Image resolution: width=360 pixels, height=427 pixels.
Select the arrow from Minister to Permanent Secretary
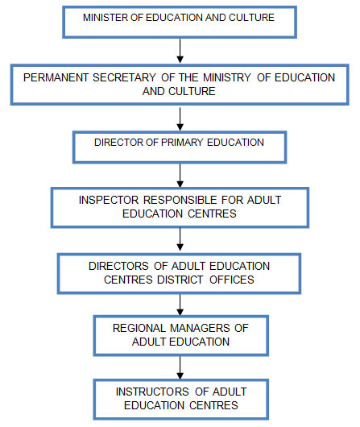coord(180,51)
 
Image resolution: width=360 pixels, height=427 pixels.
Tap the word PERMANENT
coord(56,77)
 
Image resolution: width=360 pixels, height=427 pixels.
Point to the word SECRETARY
coord(124,77)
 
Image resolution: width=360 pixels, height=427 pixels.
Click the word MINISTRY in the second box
coord(227,77)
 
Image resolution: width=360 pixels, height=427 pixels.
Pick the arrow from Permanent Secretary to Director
coord(180,119)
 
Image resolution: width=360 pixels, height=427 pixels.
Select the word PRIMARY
coord(182,143)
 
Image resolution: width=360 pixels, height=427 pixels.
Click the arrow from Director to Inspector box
coord(180,176)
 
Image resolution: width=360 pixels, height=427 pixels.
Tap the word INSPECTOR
coord(109,200)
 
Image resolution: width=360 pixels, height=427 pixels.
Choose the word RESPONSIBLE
coord(180,200)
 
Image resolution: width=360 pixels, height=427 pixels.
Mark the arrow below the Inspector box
coord(180,239)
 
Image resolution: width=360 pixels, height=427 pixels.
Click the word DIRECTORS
coord(118,266)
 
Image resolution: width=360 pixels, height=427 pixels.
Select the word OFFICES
coord(232,280)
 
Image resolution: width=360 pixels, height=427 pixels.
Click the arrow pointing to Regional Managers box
coord(180,305)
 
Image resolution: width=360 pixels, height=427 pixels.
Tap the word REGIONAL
coord(139,328)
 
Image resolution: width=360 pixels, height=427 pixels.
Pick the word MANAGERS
coord(200,328)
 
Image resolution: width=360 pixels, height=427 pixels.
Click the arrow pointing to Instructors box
coord(180,367)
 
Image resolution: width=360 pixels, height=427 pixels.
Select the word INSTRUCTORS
coord(152,392)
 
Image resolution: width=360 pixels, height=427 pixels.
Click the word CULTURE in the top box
coord(251,18)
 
